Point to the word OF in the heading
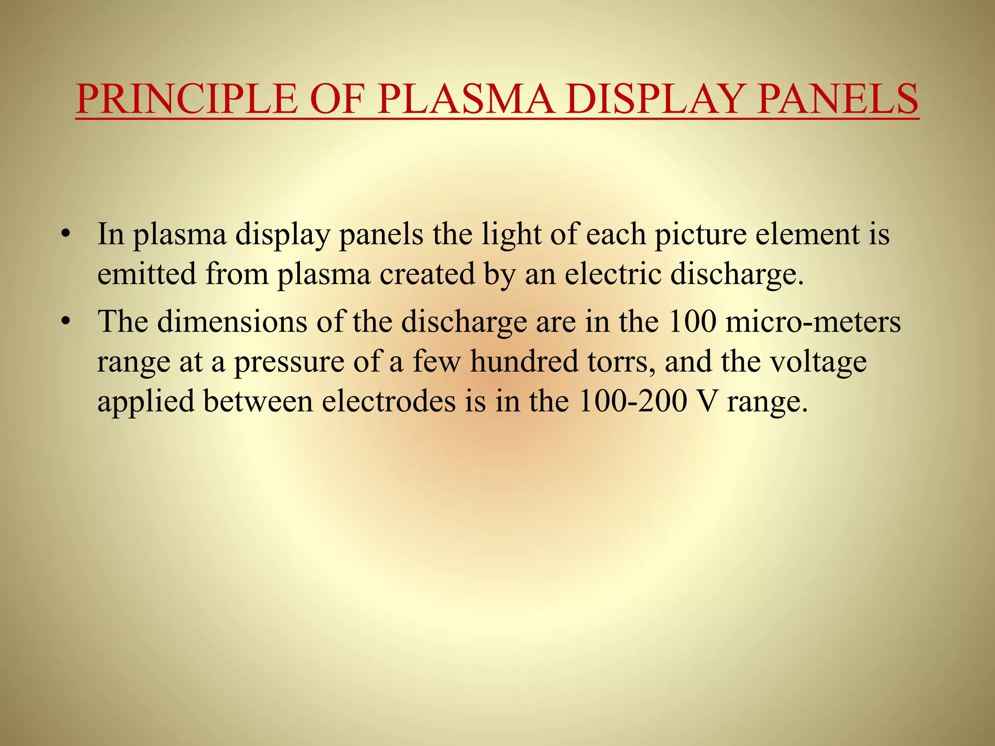point(338,100)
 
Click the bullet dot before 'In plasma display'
point(67,235)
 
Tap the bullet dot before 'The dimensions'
point(67,322)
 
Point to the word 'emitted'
point(146,274)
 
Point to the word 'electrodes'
point(389,402)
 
